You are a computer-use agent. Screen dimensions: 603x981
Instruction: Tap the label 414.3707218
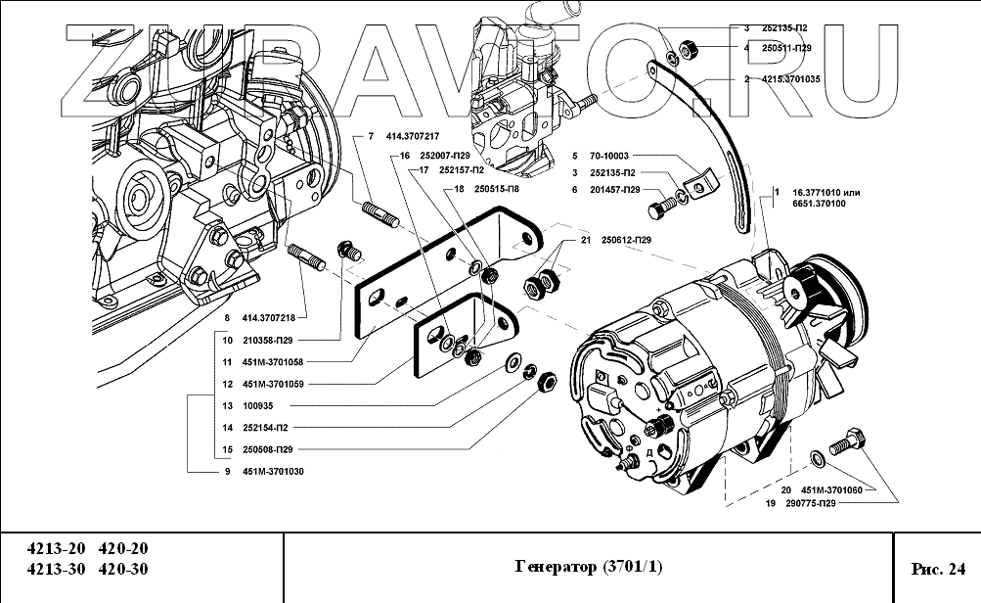pos(268,317)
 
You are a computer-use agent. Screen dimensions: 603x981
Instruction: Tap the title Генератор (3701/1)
pos(587,568)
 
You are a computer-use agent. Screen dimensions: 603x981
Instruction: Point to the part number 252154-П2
pos(265,428)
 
